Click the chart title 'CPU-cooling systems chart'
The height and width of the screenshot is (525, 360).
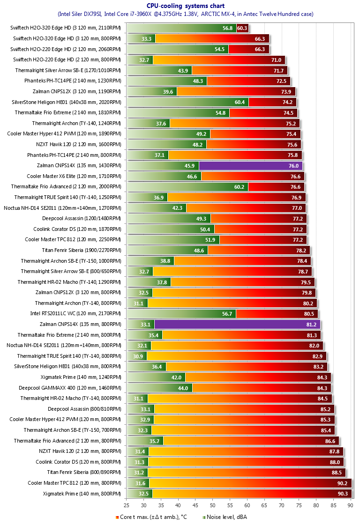point(185,6)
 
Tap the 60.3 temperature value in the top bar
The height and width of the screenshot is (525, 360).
point(242,28)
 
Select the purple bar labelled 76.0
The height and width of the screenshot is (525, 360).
point(251,165)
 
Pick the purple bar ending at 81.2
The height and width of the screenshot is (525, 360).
point(237,324)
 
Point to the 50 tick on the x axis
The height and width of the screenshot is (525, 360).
point(212,505)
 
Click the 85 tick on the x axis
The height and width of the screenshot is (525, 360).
point(333,505)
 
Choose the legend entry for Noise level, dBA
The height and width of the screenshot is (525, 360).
point(225,517)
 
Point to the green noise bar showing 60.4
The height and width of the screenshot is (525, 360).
point(187,102)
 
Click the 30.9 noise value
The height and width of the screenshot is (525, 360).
point(139,356)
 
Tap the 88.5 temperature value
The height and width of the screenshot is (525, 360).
point(337,472)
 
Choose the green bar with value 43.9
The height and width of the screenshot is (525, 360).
point(159,70)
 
